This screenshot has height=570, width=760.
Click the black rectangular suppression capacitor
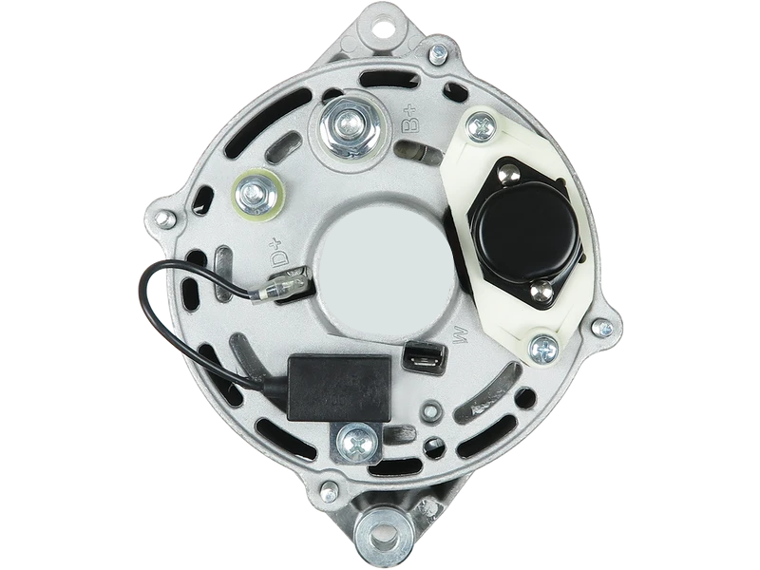pos(339,388)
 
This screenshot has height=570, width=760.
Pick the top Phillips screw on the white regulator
pos(481,127)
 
